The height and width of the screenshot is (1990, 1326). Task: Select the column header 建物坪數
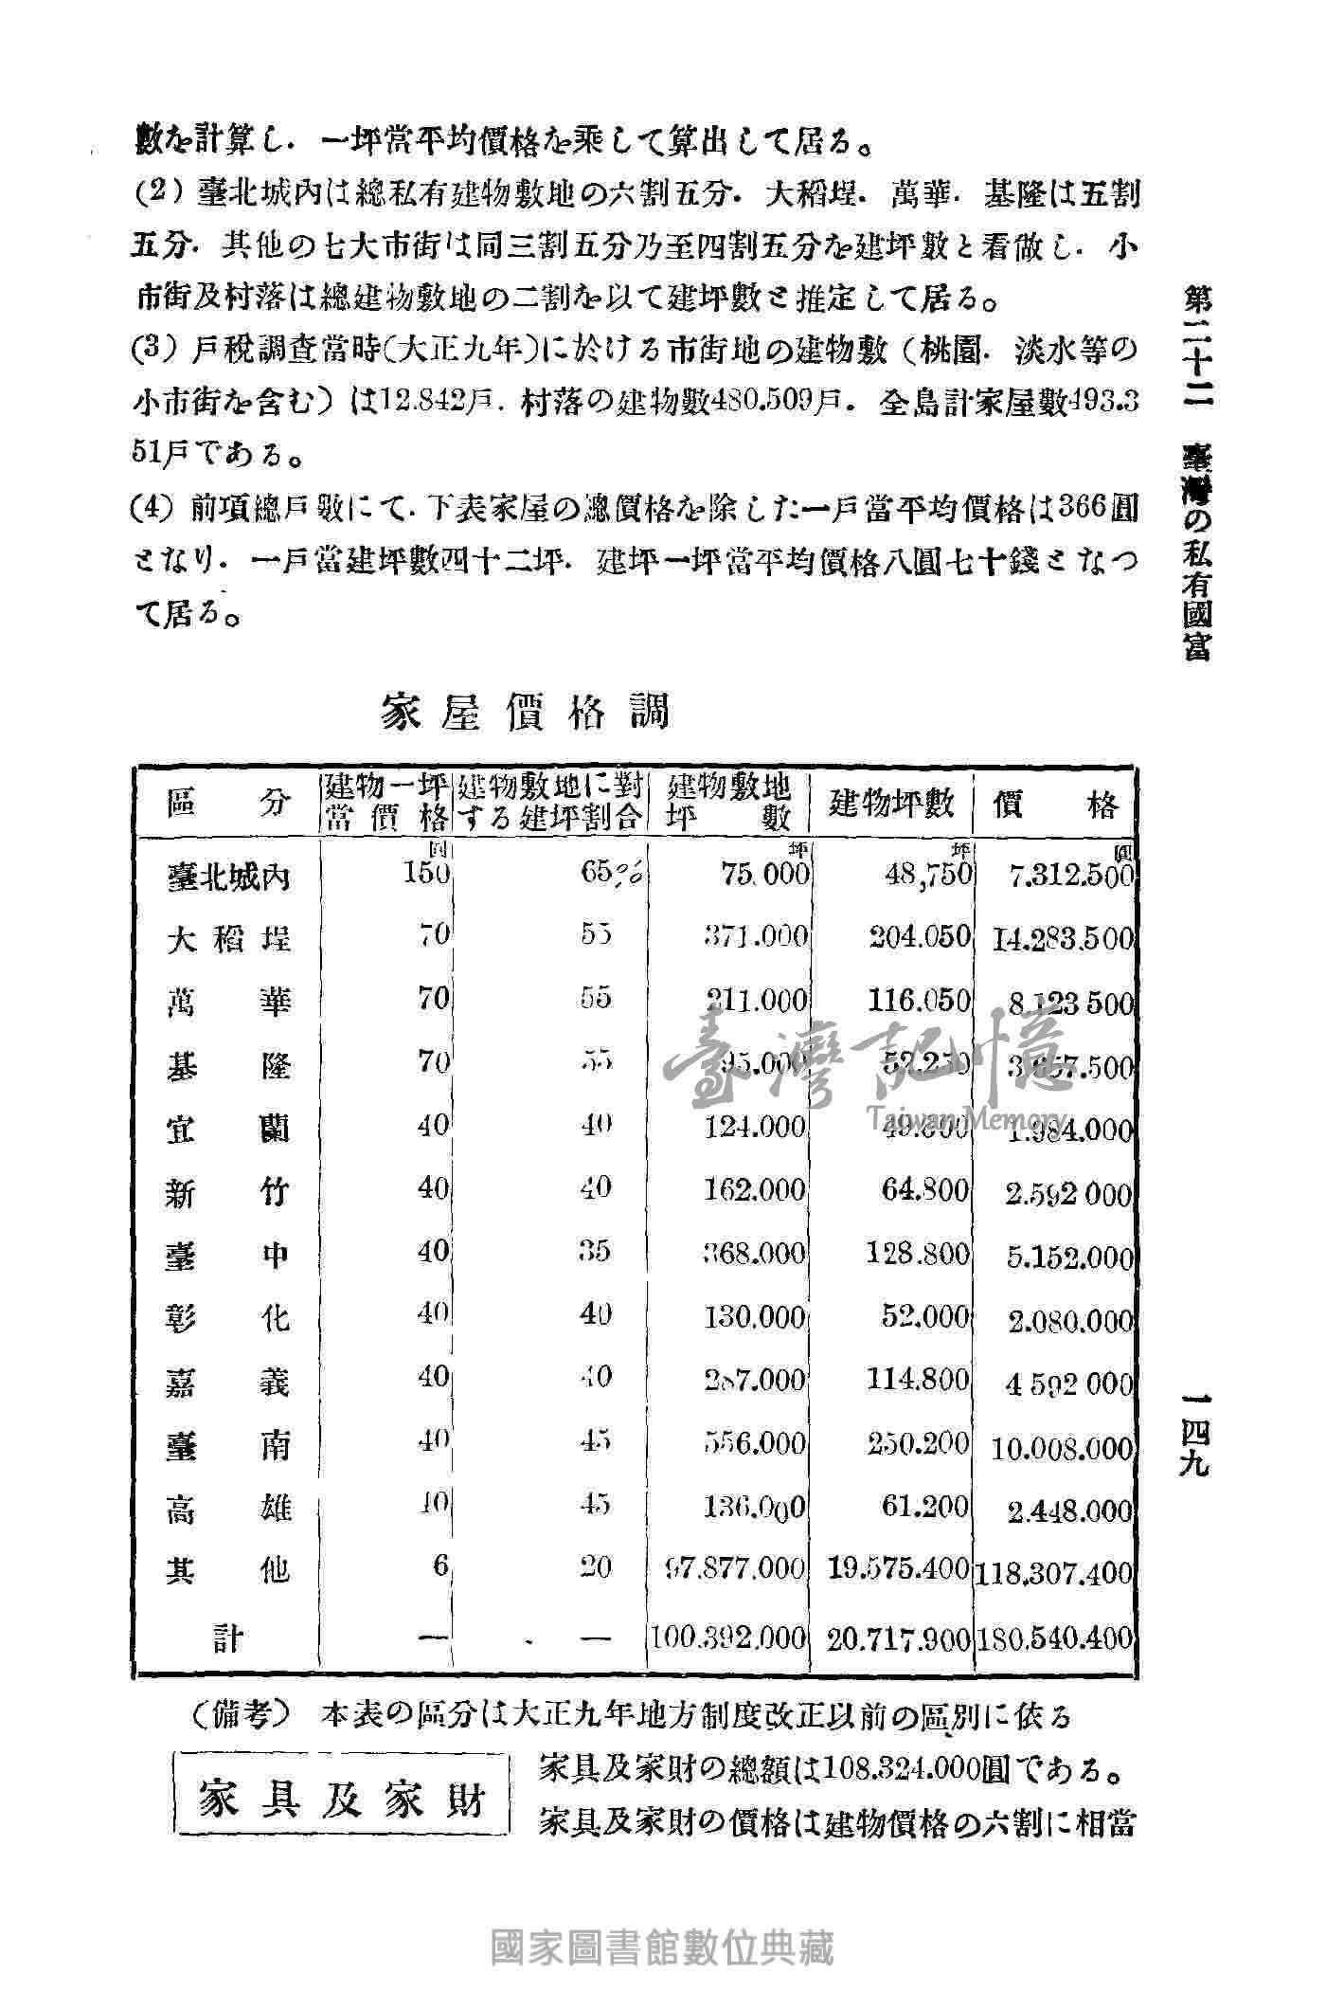point(891,804)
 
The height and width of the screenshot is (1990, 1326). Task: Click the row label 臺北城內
point(228,878)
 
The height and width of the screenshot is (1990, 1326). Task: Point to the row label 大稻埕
point(228,940)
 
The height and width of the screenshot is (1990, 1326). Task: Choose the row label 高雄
point(228,1508)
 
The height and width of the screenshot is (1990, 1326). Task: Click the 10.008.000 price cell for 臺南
point(1061,1448)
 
